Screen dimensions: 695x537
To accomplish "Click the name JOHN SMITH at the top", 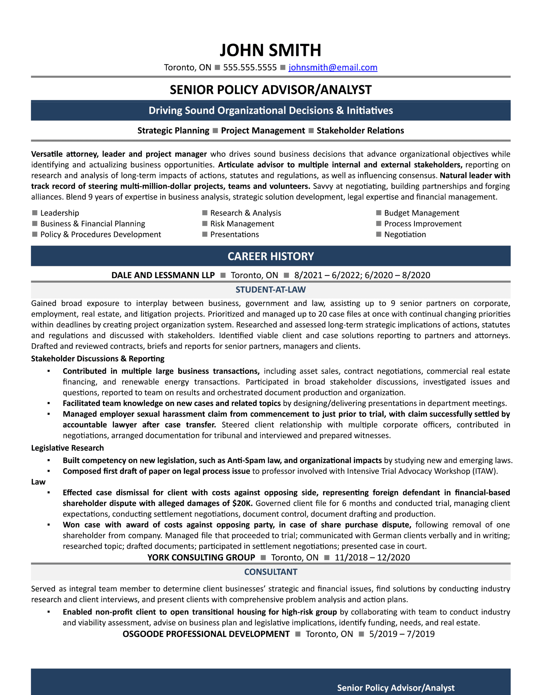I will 270,50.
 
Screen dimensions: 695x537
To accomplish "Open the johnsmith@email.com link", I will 333,67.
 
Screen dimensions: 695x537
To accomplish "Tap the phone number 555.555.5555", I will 250,67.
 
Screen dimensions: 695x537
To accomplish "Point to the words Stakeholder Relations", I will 360,131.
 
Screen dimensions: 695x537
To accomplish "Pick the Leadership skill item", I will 59,213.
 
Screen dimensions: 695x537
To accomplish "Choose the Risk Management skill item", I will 242,224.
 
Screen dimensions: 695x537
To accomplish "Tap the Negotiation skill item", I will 405,235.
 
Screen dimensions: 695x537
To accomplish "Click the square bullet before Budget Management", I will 378,213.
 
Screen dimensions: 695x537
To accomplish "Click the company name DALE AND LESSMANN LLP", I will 163,275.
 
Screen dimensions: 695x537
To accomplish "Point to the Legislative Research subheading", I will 68,448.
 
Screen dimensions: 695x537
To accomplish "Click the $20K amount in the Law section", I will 242,503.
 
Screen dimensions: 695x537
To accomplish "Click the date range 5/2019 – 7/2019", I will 402,634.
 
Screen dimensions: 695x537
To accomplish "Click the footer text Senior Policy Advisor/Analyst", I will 396,688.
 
